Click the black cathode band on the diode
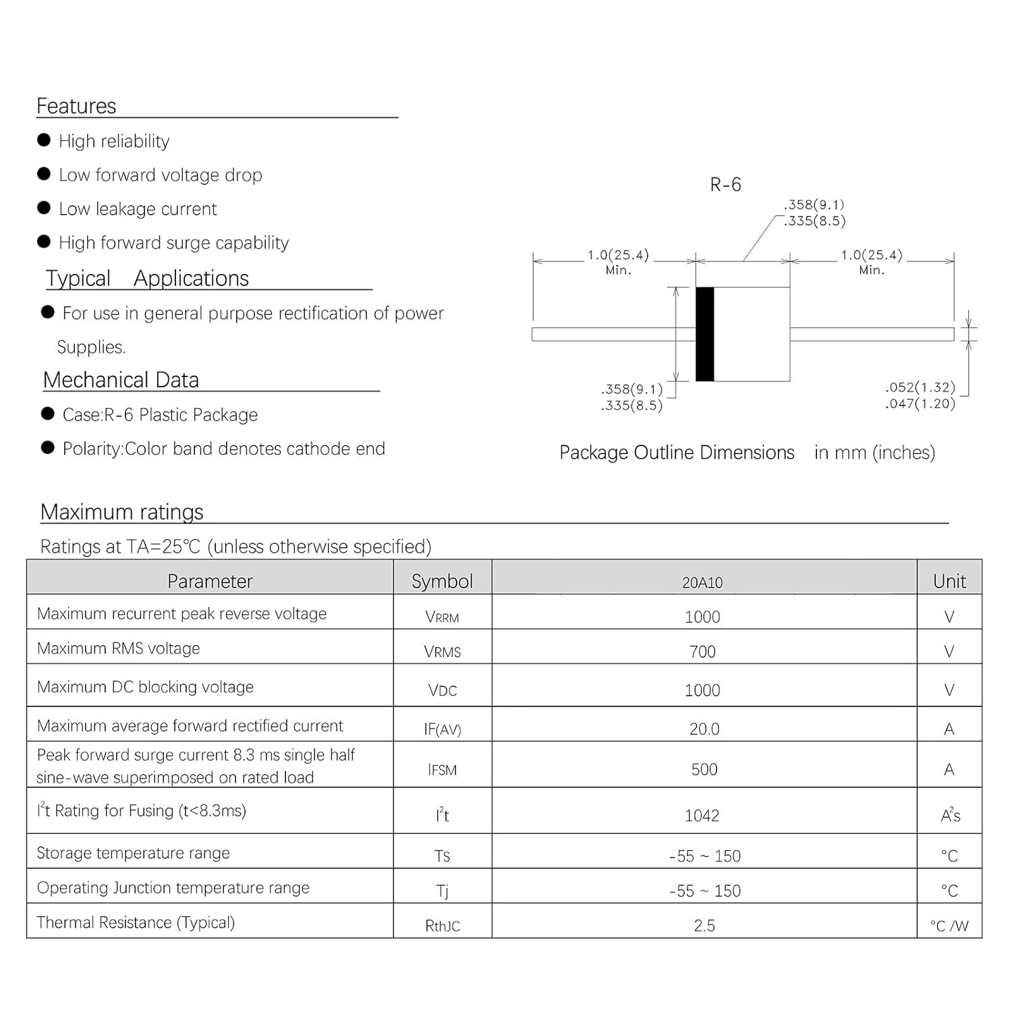[x=705, y=334]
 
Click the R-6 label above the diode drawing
[x=725, y=185]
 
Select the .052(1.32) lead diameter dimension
[x=920, y=387]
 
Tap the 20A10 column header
[x=702, y=582]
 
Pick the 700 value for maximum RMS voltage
[x=702, y=652]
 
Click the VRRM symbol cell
[x=442, y=617]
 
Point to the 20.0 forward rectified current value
[x=704, y=729]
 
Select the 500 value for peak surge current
[x=704, y=769]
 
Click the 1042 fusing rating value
[x=702, y=816]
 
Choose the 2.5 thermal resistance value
[x=704, y=926]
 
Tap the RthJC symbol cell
[x=442, y=926]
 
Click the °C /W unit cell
[x=949, y=926]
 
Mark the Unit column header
[x=949, y=581]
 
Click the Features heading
[x=76, y=107]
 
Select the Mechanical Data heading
[x=121, y=381]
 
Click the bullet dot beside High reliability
[x=44, y=140]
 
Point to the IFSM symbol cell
[x=442, y=770]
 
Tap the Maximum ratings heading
[x=122, y=512]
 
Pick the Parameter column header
[x=210, y=581]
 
